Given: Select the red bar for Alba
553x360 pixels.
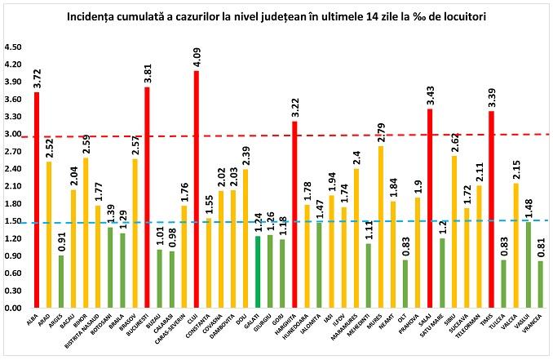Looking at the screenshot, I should point(37,200).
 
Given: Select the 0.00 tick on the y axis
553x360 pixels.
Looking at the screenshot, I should point(14,309).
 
